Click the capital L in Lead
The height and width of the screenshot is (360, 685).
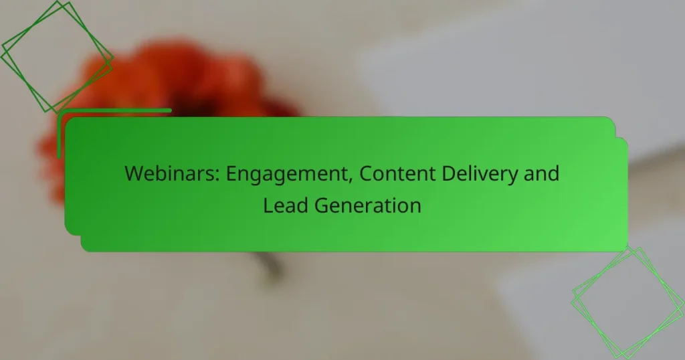(x=268, y=205)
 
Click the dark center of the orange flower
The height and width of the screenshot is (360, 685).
(x=201, y=107)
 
